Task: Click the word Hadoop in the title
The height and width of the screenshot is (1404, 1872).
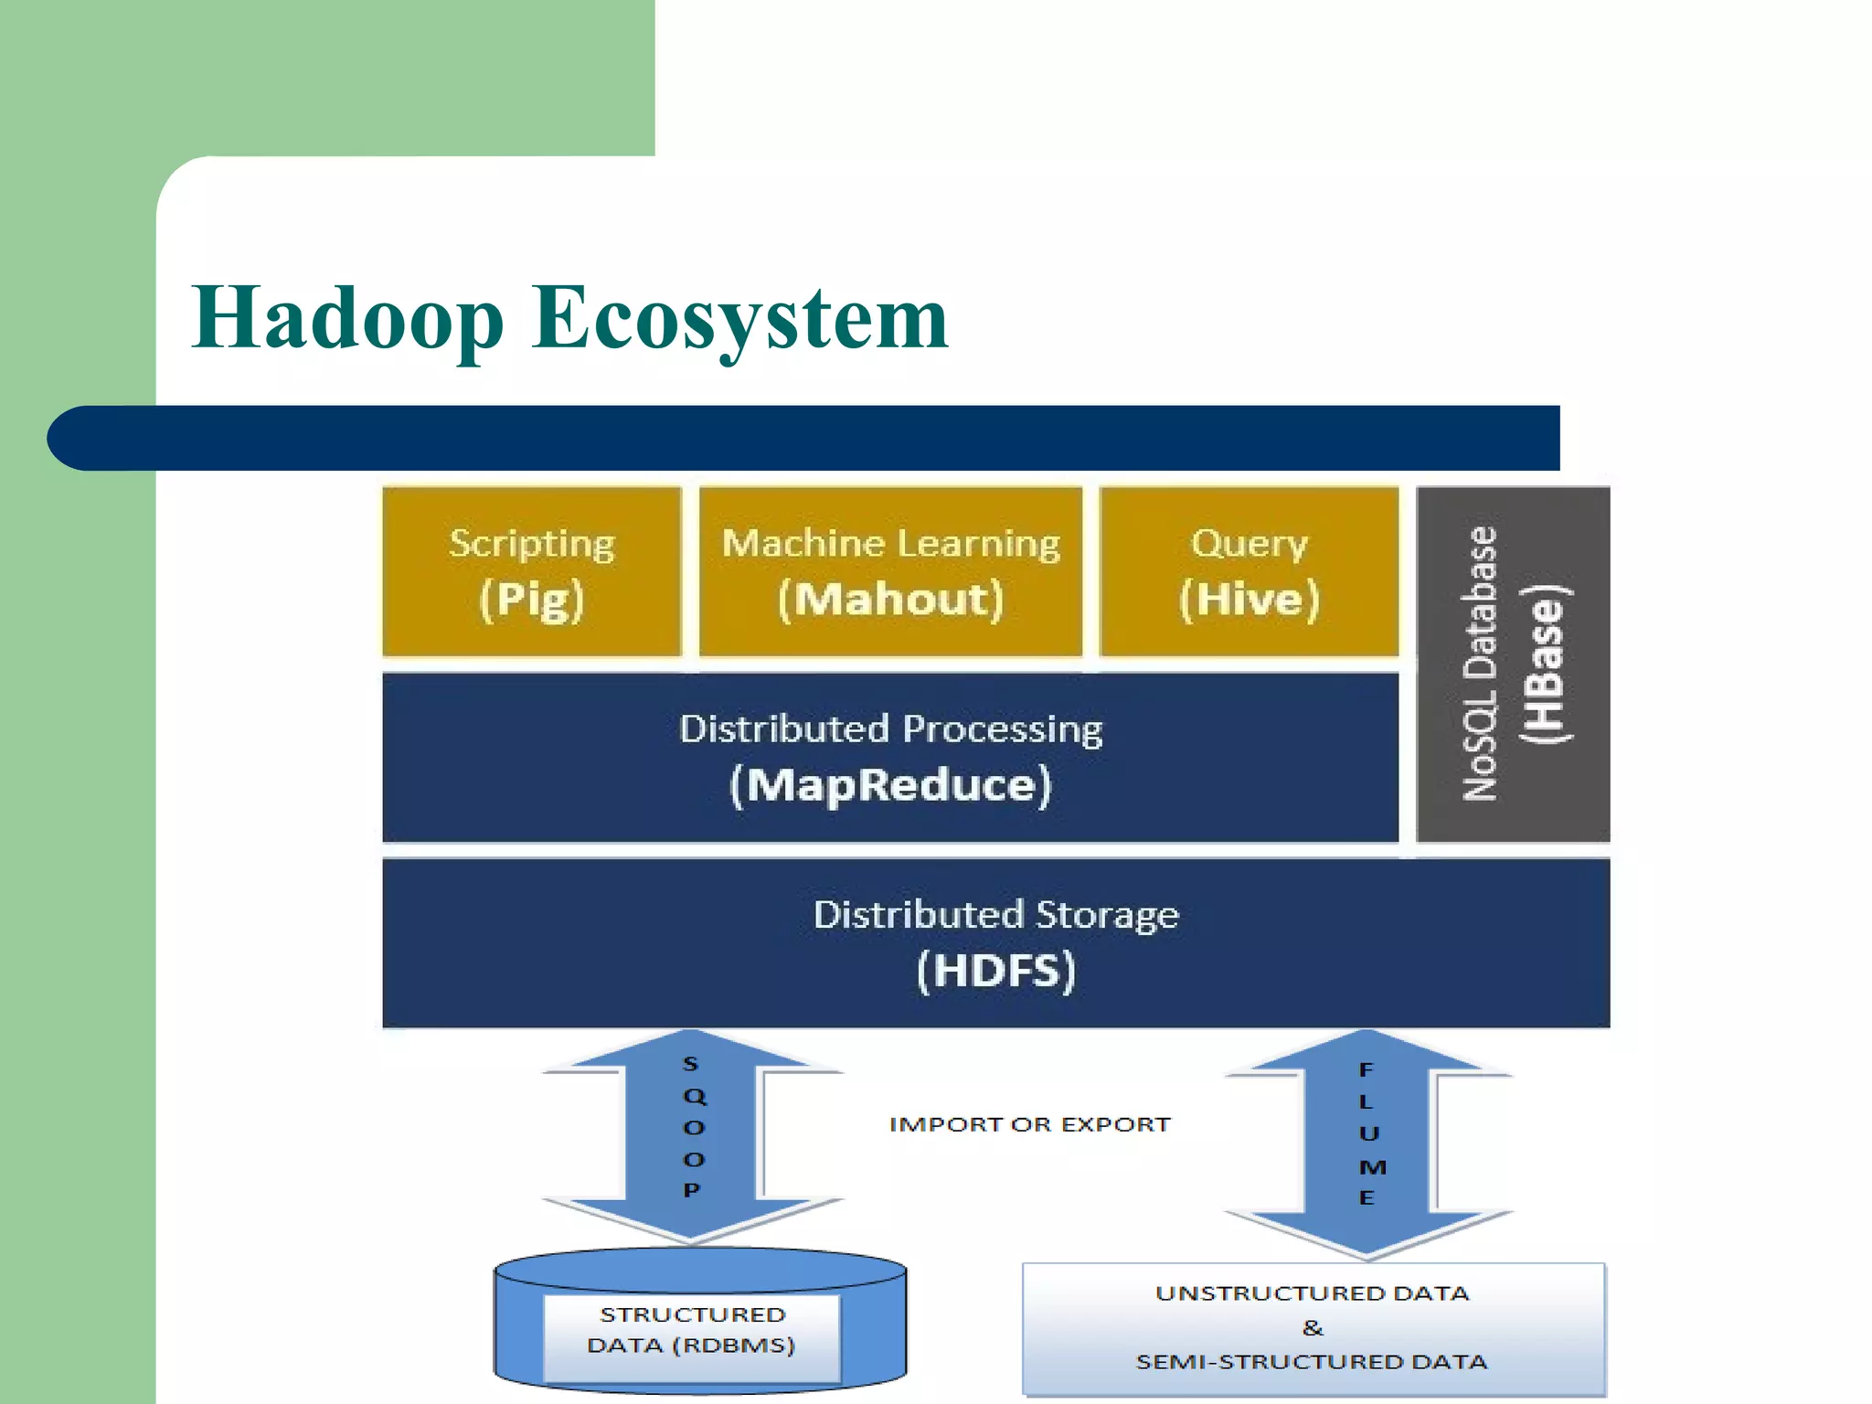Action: tap(347, 318)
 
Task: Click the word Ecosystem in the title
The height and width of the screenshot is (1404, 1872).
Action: tap(740, 318)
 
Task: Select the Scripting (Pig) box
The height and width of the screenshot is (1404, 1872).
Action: tap(532, 571)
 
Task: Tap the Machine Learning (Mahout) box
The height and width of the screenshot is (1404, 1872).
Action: tap(890, 571)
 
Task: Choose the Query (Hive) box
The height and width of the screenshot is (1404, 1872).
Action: tap(1249, 571)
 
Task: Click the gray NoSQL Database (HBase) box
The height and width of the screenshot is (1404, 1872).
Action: tap(1513, 665)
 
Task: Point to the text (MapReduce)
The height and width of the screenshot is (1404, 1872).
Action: tap(890, 785)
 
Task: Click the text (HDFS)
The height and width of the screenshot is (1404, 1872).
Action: tap(995, 971)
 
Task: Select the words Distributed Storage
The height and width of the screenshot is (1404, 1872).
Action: tap(995, 914)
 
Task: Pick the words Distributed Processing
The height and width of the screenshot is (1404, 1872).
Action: tap(890, 729)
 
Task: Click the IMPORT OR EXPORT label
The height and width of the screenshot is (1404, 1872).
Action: tap(1029, 1124)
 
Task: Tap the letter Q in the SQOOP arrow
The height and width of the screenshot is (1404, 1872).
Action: tap(695, 1095)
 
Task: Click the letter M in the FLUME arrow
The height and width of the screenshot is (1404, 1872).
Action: tap(1372, 1167)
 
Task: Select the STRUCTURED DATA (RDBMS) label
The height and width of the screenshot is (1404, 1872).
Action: tap(692, 1330)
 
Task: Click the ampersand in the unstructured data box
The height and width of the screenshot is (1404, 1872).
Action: tap(1313, 1327)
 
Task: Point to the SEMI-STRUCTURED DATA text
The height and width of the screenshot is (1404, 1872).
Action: tap(1313, 1362)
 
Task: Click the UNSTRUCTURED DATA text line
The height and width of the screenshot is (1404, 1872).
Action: tap(1313, 1293)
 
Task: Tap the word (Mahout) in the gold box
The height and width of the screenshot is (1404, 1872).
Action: tap(890, 600)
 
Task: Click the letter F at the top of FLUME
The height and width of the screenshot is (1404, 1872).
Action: tap(1366, 1069)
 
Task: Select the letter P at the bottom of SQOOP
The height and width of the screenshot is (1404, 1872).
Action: tap(691, 1190)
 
